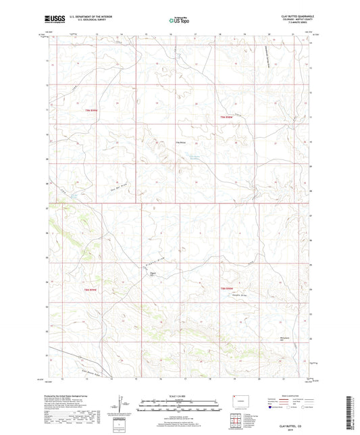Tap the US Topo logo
click(178, 20)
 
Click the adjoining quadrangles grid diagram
click(240, 421)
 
